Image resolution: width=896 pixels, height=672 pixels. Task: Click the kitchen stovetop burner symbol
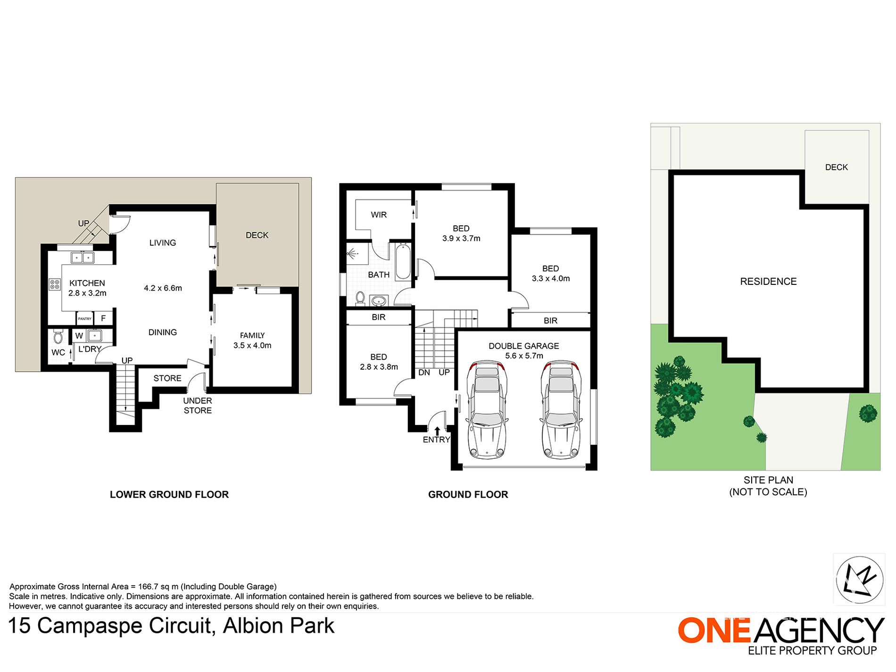(x=55, y=284)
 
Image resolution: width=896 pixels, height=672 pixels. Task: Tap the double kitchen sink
(x=83, y=257)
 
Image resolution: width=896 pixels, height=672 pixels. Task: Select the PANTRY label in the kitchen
(x=85, y=319)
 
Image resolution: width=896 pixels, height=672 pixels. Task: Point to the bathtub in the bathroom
(x=403, y=262)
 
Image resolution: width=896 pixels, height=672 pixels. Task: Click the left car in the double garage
(x=487, y=410)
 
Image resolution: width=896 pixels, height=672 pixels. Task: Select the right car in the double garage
(x=561, y=410)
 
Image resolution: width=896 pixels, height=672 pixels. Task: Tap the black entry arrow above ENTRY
(x=437, y=431)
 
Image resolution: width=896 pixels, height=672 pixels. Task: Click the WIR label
(x=379, y=215)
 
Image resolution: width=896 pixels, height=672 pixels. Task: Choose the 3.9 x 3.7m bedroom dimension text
(x=461, y=239)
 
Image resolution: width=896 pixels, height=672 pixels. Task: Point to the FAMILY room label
(x=252, y=335)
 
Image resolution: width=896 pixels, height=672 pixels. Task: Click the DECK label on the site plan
(x=837, y=167)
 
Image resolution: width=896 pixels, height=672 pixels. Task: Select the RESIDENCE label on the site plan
(x=768, y=282)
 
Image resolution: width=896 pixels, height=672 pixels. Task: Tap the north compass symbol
(x=859, y=580)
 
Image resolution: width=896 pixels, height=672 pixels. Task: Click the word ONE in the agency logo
(x=714, y=631)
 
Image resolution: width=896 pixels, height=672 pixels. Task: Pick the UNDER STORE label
(x=198, y=406)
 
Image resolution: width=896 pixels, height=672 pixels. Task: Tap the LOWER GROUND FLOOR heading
(x=169, y=495)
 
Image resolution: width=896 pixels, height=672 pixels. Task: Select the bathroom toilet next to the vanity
(x=360, y=299)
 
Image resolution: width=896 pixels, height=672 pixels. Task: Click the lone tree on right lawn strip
(x=868, y=414)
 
